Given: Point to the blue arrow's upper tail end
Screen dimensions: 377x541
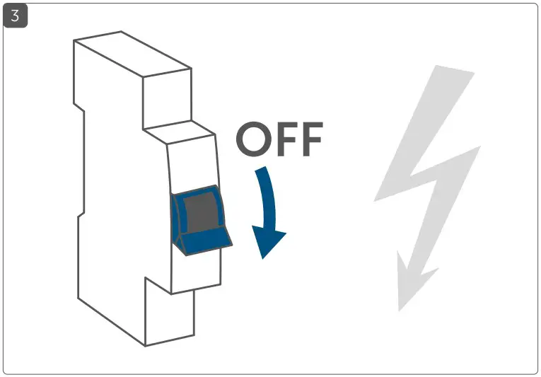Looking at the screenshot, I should (x=262, y=171).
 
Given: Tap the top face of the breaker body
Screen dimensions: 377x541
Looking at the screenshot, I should (x=132, y=53).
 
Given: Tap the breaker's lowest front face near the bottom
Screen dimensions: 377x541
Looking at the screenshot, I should (x=170, y=315).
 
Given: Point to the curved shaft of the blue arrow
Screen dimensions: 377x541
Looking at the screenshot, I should (x=269, y=205).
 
